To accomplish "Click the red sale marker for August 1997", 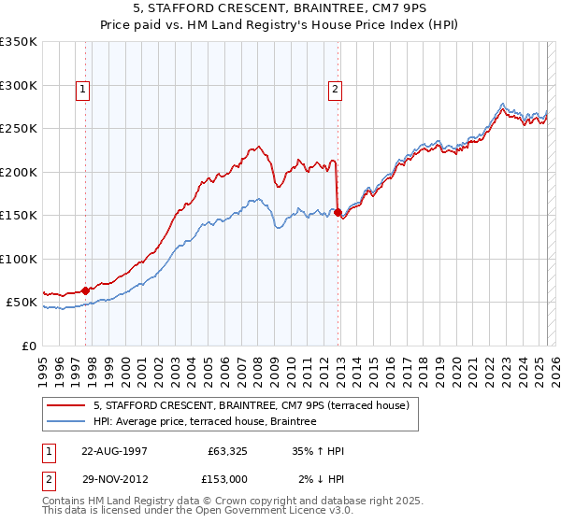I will coord(86,290).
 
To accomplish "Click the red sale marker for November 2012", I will coord(338,213).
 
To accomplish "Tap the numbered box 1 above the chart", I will coord(83,91).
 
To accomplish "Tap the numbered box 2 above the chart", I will coord(334,91).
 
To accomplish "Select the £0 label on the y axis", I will coord(28,346).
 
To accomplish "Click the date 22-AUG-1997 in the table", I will coord(114,450).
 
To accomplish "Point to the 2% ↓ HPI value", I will coord(321,479).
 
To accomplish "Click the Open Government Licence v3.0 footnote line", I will coord(183,513).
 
